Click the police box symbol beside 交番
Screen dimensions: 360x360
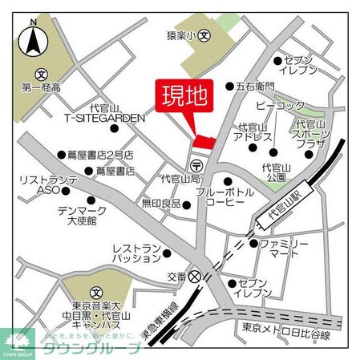(195, 275)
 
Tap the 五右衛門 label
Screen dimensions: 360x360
(255, 86)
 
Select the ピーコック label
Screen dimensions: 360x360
(280, 105)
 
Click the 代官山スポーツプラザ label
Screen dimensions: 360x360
(309, 139)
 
